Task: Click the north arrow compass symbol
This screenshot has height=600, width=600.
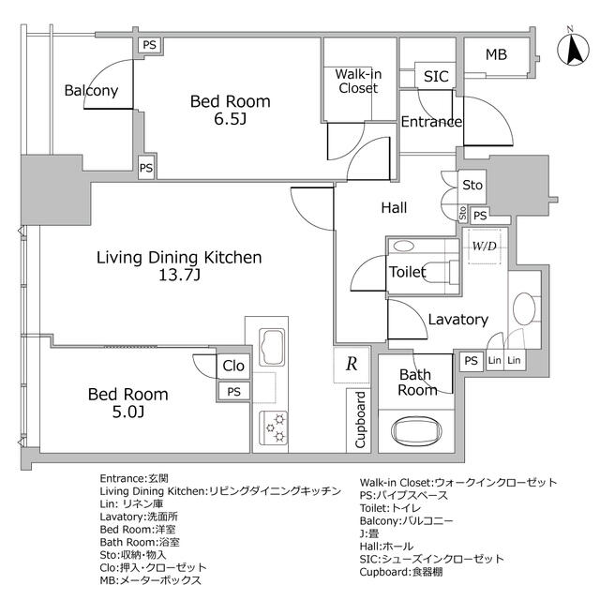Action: (x=572, y=48)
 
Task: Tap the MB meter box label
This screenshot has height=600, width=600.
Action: (x=496, y=54)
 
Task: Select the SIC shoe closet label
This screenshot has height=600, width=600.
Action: (x=436, y=77)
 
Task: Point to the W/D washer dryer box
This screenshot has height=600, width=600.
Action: (x=485, y=247)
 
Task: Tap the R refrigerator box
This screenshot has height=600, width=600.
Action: (x=351, y=366)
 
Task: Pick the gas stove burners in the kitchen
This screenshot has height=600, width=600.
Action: (x=277, y=427)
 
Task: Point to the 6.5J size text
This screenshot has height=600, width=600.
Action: (x=230, y=119)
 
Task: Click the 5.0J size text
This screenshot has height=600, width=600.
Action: (x=128, y=412)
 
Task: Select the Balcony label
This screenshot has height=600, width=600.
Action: (x=91, y=91)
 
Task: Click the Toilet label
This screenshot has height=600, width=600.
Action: (x=408, y=272)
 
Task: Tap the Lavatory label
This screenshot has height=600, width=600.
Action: (x=457, y=320)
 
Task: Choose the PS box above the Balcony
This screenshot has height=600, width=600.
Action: (x=148, y=44)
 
